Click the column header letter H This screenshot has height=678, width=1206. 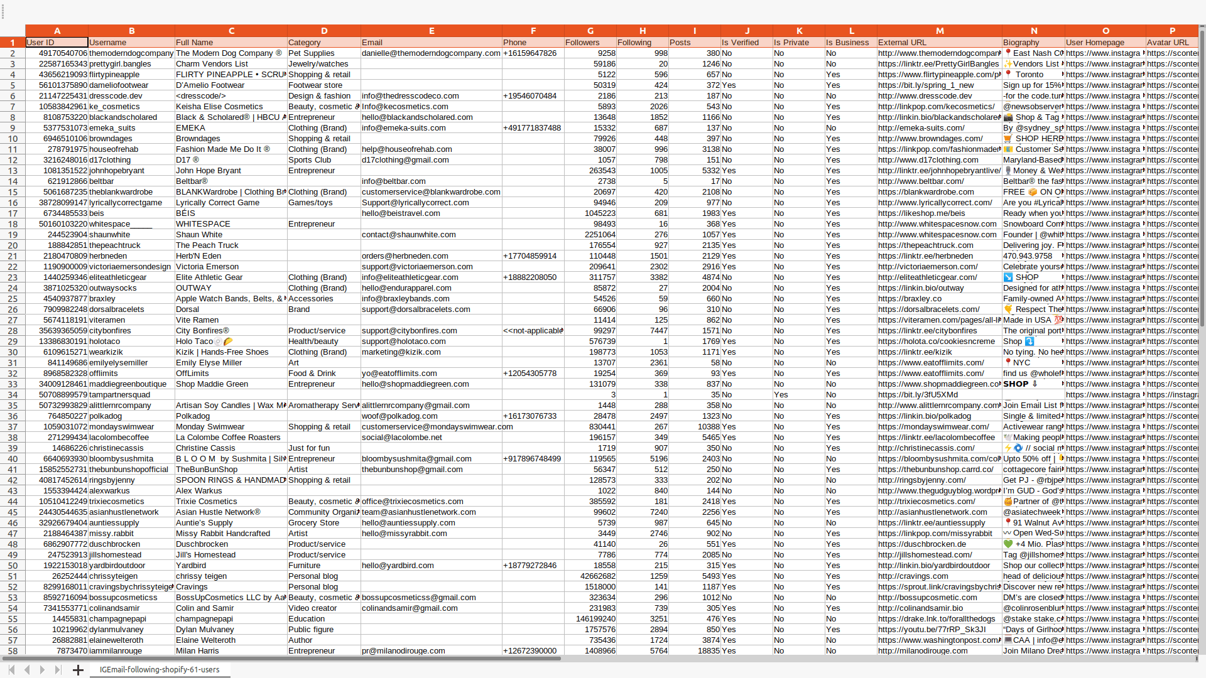[x=642, y=31]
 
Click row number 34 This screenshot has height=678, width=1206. [x=13, y=395]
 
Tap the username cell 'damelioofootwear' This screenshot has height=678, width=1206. [x=119, y=85]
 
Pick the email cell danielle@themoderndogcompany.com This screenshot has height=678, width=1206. [x=431, y=53]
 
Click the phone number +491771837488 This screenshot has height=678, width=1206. [x=531, y=128]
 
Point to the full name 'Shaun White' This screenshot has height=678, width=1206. [x=199, y=235]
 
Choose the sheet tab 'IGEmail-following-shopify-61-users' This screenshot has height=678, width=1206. [x=160, y=670]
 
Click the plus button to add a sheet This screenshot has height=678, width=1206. [x=78, y=670]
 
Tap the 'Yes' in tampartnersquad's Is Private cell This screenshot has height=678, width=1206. [x=781, y=395]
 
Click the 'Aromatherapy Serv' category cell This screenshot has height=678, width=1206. [x=323, y=406]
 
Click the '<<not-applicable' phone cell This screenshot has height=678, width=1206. [x=533, y=331]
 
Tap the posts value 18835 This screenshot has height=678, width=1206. [x=709, y=651]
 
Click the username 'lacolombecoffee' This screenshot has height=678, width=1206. [x=119, y=438]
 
